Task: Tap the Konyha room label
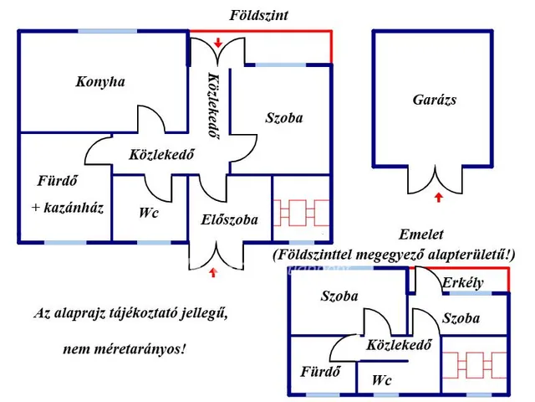[x=99, y=82]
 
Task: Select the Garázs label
[x=436, y=100]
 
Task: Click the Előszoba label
[x=230, y=220]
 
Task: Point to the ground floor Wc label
[x=149, y=213]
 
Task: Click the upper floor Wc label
[x=383, y=380]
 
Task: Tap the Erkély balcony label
[x=463, y=283]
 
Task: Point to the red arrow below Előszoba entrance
[x=214, y=271]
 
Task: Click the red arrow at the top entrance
[x=218, y=42]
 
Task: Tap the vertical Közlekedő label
[x=212, y=105]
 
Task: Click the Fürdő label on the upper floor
[x=319, y=373]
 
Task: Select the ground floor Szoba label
[x=283, y=118]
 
